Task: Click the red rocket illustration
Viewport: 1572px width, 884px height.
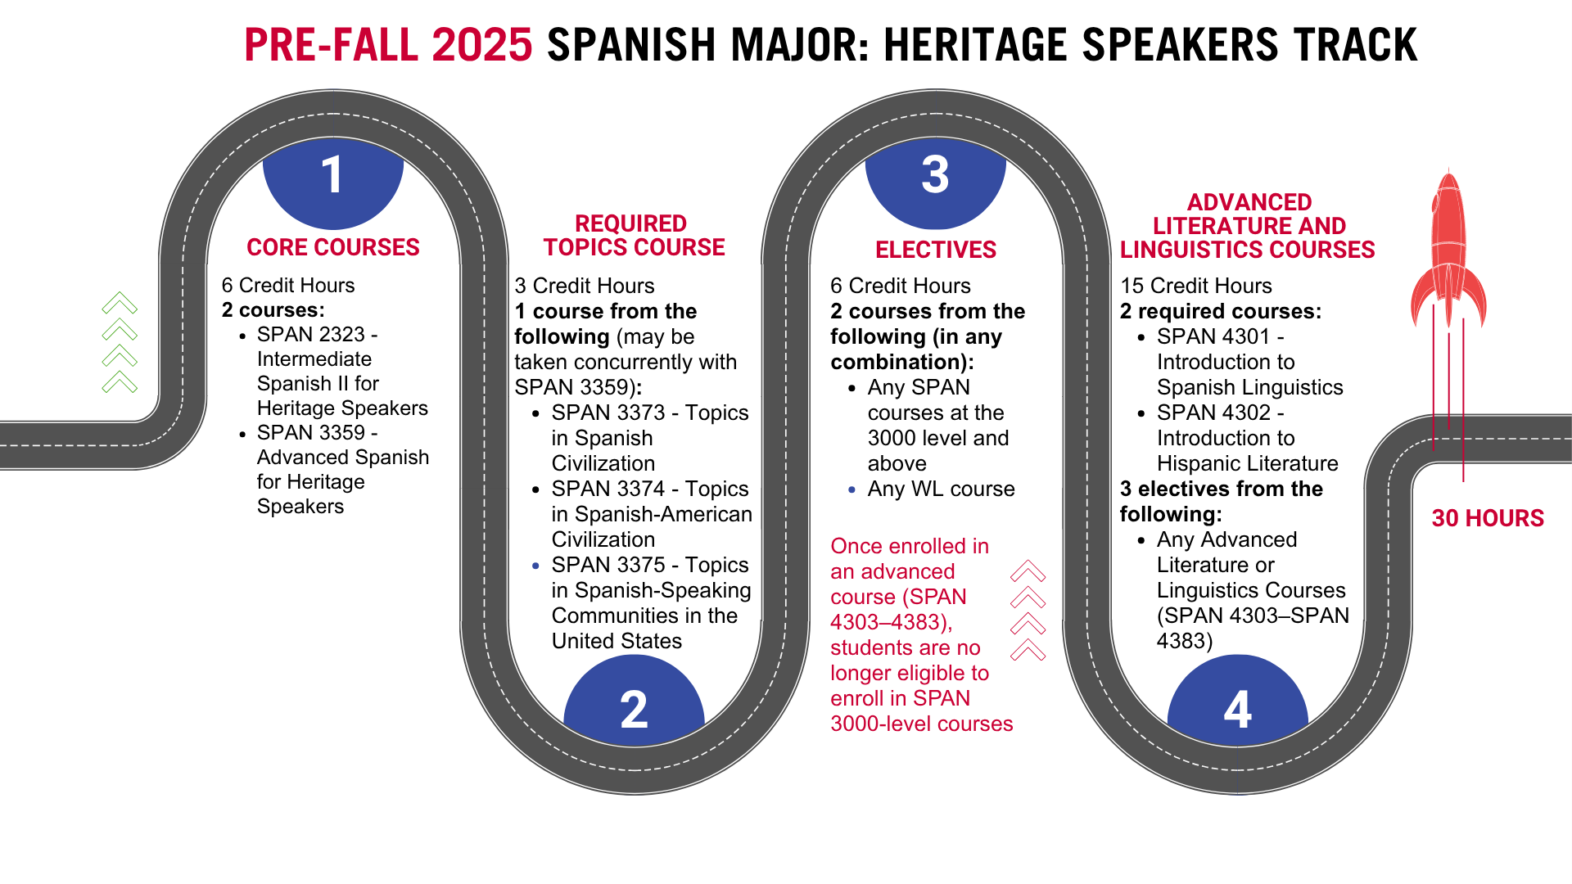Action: pyautogui.click(x=1448, y=254)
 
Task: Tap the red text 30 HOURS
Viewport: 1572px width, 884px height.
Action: pyautogui.click(x=1488, y=518)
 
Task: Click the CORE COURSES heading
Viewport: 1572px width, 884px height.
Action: pyautogui.click(x=333, y=247)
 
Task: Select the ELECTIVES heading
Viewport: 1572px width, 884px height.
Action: pyautogui.click(x=936, y=250)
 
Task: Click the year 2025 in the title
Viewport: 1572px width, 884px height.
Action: pyautogui.click(x=482, y=45)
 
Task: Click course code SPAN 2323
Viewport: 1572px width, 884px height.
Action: pyautogui.click(x=311, y=334)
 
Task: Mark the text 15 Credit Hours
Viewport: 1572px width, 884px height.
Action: pyautogui.click(x=1196, y=286)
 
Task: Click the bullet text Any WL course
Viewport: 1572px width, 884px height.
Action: pyautogui.click(x=942, y=489)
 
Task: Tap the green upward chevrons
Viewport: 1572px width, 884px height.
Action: pyautogui.click(x=120, y=342)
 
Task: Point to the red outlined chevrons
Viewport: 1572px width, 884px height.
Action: pyautogui.click(x=1028, y=611)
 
